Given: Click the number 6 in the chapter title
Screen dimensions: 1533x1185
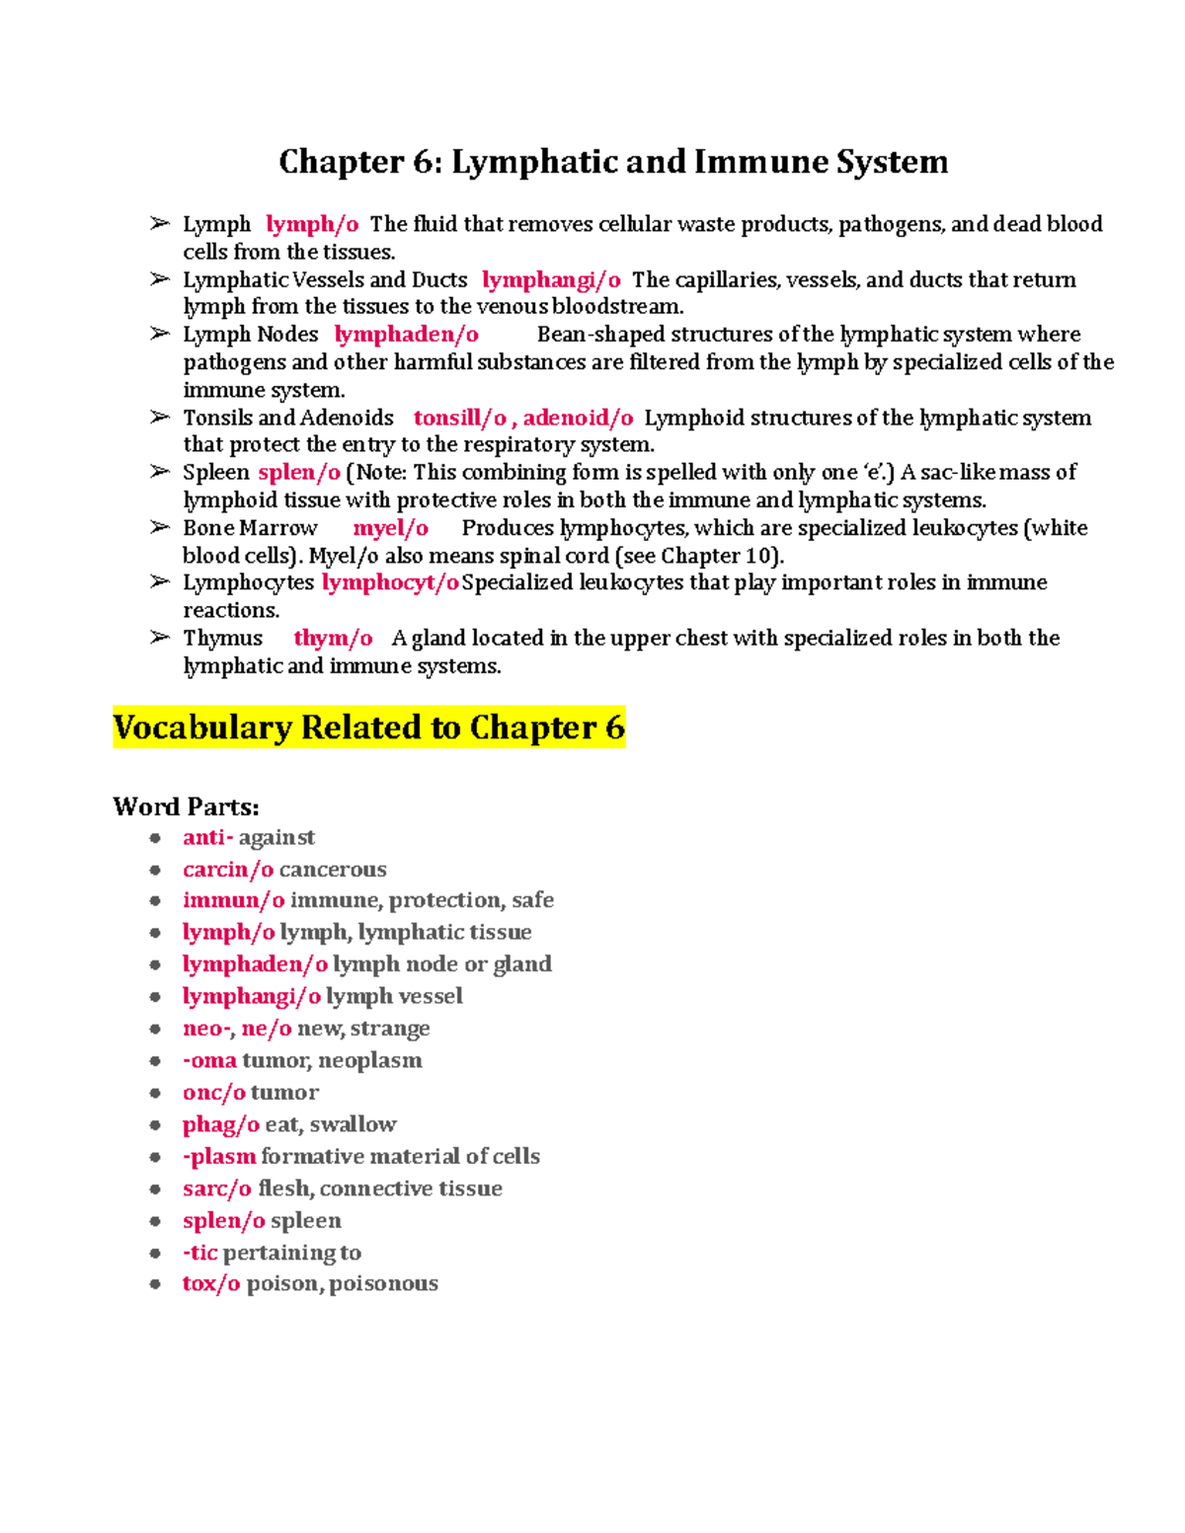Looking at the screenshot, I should pos(422,162).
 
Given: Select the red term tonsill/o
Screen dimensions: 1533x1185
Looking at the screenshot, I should pos(459,418).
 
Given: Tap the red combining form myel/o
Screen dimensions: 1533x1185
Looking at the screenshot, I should pos(391,528).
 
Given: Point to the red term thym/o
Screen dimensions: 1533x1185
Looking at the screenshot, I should pos(333,639).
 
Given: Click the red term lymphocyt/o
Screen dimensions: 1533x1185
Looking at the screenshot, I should pos(390,582).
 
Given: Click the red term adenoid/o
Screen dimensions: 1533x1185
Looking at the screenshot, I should pos(578,418).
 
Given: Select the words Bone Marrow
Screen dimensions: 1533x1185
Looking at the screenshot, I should pos(250,528).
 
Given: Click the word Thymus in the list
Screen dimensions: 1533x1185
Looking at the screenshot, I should pos(223,639).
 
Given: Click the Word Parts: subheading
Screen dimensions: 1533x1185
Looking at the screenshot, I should pos(186,806).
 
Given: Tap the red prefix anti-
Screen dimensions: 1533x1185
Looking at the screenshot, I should pos(207,837).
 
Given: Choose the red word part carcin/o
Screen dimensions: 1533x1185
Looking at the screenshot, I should pos(228,870).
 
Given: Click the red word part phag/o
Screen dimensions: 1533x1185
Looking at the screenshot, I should pos(221,1124).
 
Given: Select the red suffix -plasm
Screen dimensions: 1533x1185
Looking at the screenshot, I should pos(219,1156).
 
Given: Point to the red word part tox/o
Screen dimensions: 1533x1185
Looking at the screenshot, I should pos(211,1283).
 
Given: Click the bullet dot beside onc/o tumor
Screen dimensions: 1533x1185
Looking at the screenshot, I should pos(155,1093).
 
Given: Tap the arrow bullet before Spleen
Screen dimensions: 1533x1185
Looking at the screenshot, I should pos(160,472).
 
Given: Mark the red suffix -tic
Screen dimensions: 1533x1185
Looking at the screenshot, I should pos(200,1253).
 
